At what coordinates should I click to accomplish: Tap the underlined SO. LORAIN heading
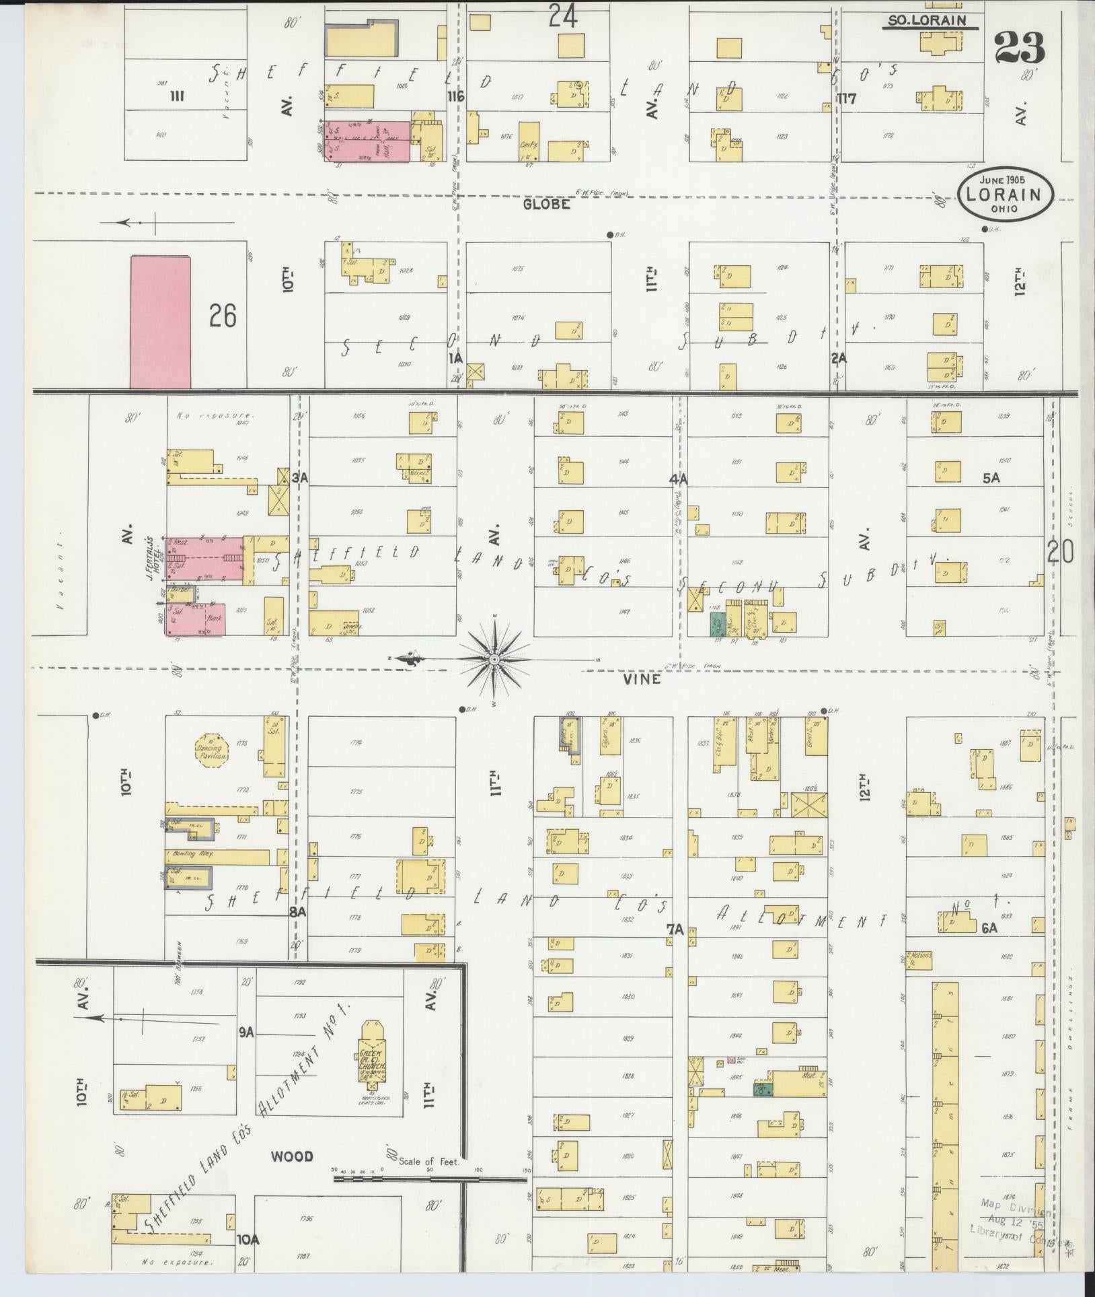(x=922, y=21)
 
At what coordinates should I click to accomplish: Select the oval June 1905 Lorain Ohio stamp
(x=1006, y=194)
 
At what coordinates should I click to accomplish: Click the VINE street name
(x=642, y=679)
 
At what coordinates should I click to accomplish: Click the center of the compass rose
(x=494, y=659)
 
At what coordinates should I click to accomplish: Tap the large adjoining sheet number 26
(x=223, y=315)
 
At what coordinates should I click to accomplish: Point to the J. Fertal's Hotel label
(x=153, y=555)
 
